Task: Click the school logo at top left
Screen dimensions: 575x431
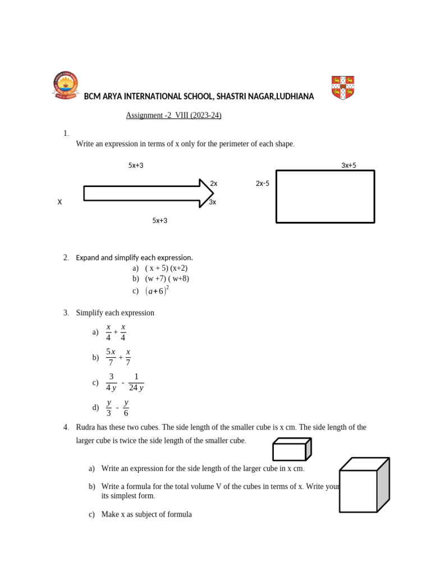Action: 66,86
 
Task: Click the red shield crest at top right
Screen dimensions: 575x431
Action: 342,88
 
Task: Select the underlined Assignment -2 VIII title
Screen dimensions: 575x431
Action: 173,116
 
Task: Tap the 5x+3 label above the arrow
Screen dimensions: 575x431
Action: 136,166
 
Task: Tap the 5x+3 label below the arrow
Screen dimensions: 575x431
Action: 160,221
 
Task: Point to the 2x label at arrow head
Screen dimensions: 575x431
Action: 214,184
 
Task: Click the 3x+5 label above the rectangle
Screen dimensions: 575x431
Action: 349,166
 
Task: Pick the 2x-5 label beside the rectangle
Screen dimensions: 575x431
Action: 263,184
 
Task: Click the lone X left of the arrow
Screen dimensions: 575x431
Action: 59,202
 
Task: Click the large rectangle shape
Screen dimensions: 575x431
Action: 325,197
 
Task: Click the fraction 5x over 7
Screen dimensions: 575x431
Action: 111,357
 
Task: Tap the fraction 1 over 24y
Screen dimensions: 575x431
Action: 136,382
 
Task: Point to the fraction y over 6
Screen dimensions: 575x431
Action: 126,408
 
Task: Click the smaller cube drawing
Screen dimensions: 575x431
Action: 291,450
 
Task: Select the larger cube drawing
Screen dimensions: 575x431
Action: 363,486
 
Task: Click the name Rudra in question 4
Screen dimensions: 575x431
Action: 87,427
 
